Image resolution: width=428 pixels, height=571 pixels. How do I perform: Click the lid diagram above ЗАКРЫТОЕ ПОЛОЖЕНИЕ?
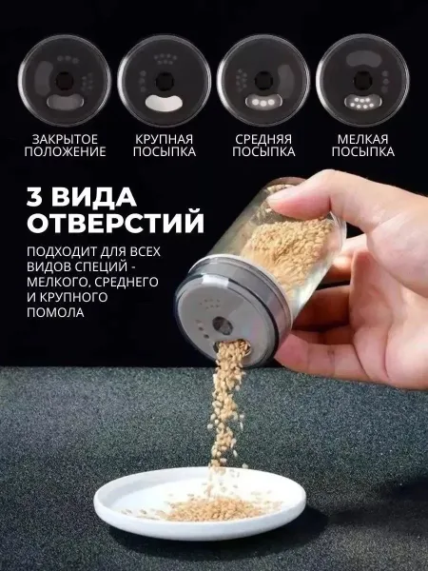pos(65,81)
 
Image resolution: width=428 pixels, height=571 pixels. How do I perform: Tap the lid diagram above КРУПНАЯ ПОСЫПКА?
pos(165,81)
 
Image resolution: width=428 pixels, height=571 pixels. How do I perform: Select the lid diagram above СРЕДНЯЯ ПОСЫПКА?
pos(263,81)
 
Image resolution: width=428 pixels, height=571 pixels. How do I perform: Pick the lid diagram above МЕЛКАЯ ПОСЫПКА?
pos(363,81)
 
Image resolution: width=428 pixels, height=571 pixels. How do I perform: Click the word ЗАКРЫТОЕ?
pos(65,139)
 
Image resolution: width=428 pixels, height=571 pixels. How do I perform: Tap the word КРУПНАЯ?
pos(165,139)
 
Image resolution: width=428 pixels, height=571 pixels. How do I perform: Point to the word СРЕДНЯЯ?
pos(263,139)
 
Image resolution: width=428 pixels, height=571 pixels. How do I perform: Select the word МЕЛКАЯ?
pos(363,139)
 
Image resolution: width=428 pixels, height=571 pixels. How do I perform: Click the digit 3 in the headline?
pos(35,197)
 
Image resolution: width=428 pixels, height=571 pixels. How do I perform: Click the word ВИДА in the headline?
pos(94,197)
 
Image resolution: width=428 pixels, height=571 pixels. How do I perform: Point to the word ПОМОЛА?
pos(55,312)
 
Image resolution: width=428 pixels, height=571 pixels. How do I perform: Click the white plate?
pos(200,503)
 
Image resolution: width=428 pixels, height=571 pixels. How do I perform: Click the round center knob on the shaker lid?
pos(223,325)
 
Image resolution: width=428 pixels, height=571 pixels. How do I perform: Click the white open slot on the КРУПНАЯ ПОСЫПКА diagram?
pos(164,103)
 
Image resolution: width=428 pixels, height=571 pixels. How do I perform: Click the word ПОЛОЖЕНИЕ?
pos(65,151)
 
